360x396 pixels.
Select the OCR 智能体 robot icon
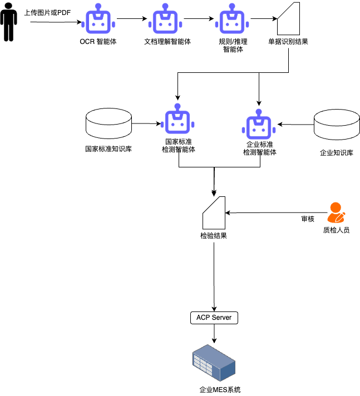tap(98, 19)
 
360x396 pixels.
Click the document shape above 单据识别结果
tap(289, 19)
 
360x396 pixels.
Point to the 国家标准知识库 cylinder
tap(109, 123)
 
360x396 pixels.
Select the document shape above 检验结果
tap(214, 212)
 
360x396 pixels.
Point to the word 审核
tap(308, 219)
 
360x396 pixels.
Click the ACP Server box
tap(214, 318)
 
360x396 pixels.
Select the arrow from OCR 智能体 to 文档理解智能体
tap(132, 19)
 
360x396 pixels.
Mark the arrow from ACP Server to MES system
tap(214, 334)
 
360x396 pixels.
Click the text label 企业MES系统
tap(220, 390)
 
